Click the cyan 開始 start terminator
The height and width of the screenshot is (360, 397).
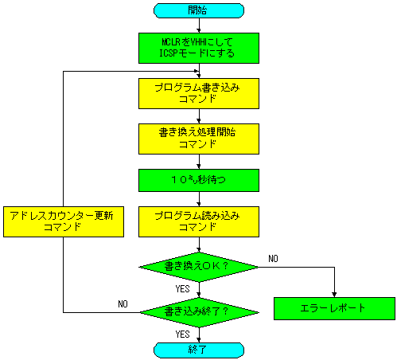[x=199, y=10]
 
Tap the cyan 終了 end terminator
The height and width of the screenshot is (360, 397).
[x=199, y=350]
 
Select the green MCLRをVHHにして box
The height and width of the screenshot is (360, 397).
[x=199, y=48]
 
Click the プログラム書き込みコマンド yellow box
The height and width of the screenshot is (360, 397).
[x=199, y=93]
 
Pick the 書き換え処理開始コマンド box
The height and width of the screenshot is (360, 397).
[x=199, y=139]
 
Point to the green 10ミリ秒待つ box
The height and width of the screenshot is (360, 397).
[x=199, y=180]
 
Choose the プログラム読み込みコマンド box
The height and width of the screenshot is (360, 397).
[x=199, y=221]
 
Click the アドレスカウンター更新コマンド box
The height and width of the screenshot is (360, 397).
[x=64, y=221]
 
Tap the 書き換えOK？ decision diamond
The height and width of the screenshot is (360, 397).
[x=199, y=267]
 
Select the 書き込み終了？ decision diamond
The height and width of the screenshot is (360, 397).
[x=199, y=312]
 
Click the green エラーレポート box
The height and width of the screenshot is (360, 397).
[x=334, y=308]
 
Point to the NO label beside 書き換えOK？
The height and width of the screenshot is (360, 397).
[x=273, y=258]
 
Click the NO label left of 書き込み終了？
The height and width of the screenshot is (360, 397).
[x=123, y=303]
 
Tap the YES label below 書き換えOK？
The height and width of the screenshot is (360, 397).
[x=182, y=288]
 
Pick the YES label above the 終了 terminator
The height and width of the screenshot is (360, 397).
[x=182, y=334]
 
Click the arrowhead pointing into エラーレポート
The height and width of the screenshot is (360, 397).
[x=334, y=295]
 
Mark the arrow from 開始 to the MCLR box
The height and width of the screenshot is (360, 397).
[x=199, y=25]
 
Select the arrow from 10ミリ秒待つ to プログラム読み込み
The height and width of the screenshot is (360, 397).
[x=199, y=199]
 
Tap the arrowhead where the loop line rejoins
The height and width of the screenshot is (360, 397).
[x=197, y=71]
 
